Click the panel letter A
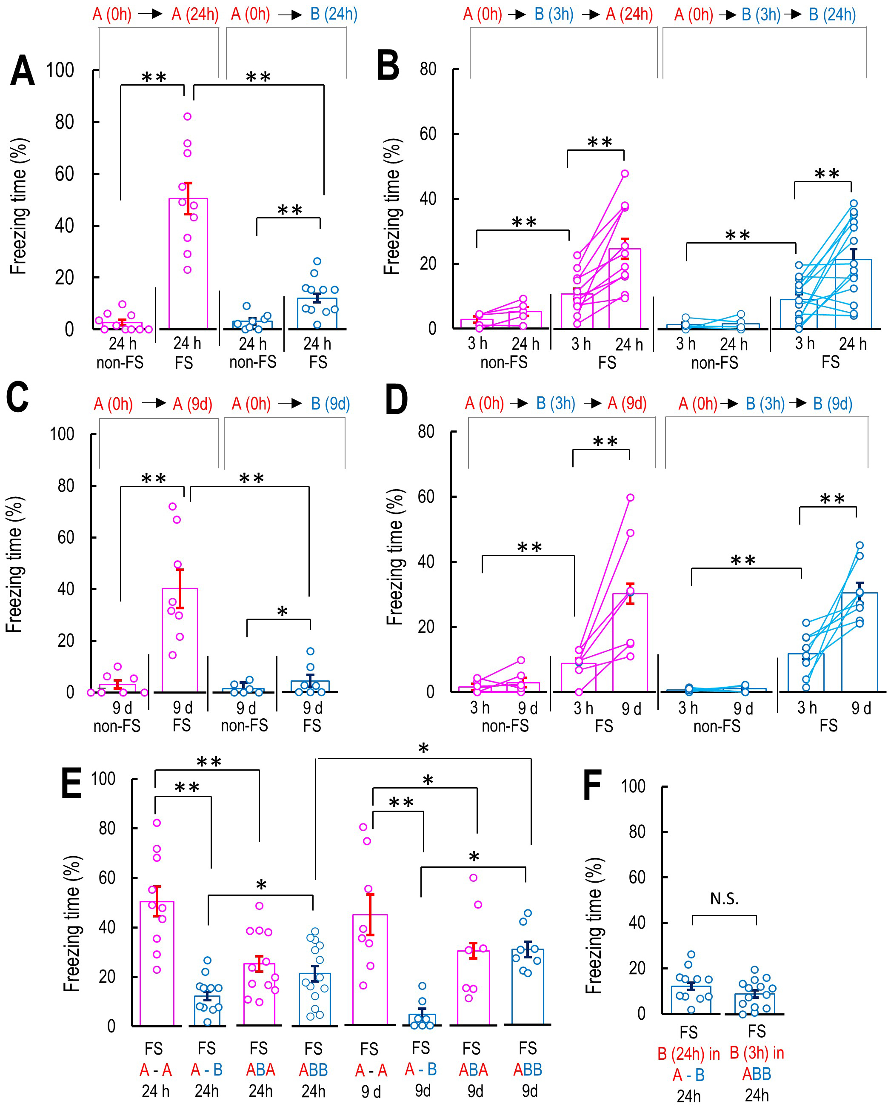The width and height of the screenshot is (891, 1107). click(x=23, y=70)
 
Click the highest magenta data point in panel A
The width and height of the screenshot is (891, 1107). click(x=188, y=117)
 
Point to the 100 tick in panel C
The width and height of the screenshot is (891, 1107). click(x=62, y=434)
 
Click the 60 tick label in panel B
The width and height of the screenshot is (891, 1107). click(x=428, y=134)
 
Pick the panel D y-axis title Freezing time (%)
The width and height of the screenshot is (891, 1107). click(x=395, y=557)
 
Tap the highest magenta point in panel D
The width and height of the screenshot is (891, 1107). click(x=630, y=498)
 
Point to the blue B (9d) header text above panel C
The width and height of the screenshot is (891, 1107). click(x=331, y=404)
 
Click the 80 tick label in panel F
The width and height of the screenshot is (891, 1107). click(x=637, y=832)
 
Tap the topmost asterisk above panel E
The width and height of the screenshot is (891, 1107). click(x=423, y=749)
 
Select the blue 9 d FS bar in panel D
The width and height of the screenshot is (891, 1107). click(x=860, y=642)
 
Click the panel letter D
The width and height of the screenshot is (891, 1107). click(x=396, y=401)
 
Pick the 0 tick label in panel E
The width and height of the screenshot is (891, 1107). click(x=111, y=1026)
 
